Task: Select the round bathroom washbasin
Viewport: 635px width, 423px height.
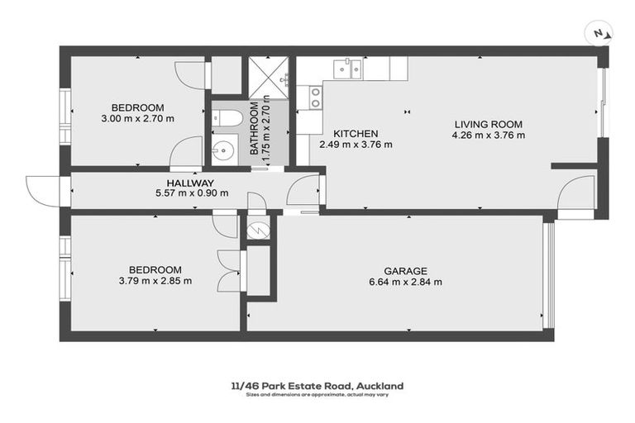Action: (x=222, y=150)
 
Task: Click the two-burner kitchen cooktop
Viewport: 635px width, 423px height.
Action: (x=315, y=97)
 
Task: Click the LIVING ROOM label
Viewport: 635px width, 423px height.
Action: (x=488, y=125)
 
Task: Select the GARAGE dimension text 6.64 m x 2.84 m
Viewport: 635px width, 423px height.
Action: (x=405, y=282)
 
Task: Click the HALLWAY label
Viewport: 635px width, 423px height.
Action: (x=190, y=183)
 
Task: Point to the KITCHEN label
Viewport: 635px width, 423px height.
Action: (x=356, y=134)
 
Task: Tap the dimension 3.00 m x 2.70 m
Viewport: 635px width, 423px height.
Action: (x=138, y=118)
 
